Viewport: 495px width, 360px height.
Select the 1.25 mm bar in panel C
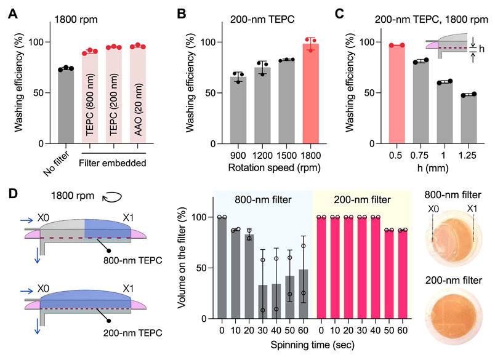coord(469,119)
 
